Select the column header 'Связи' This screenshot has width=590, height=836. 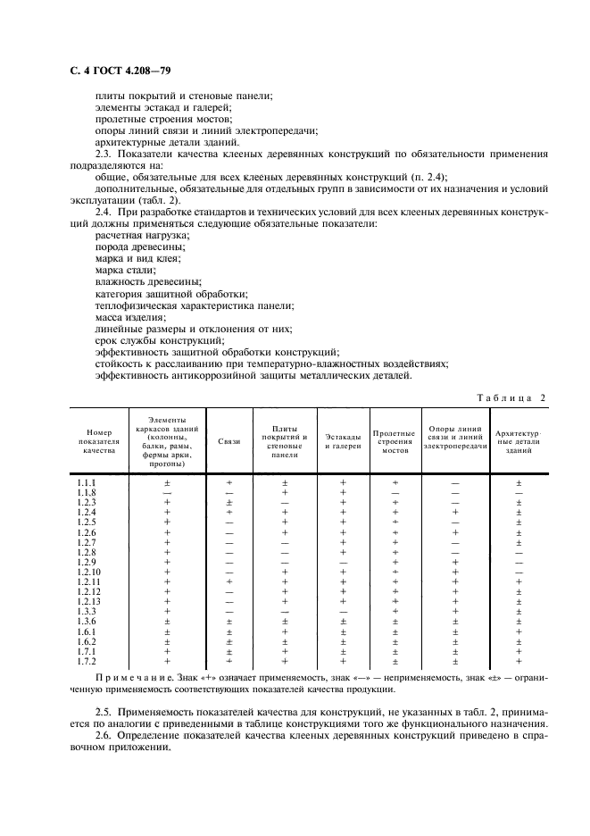pos(229,442)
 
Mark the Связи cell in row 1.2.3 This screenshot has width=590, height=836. pos(229,503)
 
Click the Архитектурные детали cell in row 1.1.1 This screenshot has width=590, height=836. pos(519,483)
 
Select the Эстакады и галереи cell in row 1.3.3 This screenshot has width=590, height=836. pos(343,611)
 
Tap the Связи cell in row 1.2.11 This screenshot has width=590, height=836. pos(229,581)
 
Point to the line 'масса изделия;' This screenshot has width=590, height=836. pos(129,317)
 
